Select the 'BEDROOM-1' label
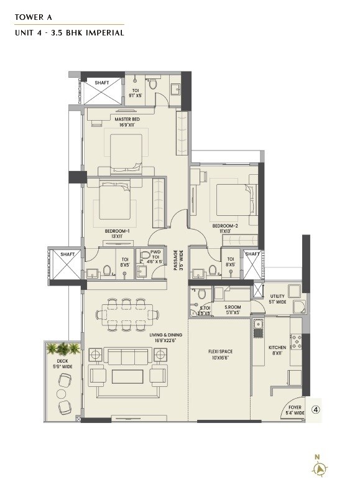coord(116,231)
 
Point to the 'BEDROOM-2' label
coord(224,226)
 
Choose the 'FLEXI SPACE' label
coord(220,351)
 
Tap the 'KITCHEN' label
coord(277,348)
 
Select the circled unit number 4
coord(315,411)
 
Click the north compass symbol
coord(318,468)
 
